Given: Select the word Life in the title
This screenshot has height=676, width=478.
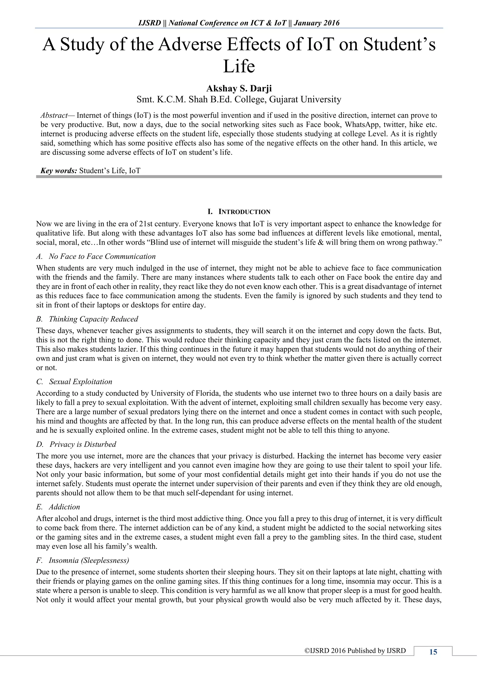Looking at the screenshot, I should [x=239, y=66].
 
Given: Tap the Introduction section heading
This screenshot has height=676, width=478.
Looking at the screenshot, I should [x=239, y=212].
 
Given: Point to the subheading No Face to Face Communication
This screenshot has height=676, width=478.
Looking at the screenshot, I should [x=102, y=257].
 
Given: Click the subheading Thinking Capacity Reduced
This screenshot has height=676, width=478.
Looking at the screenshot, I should [x=93, y=319].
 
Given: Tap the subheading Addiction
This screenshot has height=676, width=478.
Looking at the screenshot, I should [x=64, y=507].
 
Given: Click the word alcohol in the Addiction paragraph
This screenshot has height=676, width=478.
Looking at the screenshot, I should [x=64, y=518].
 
